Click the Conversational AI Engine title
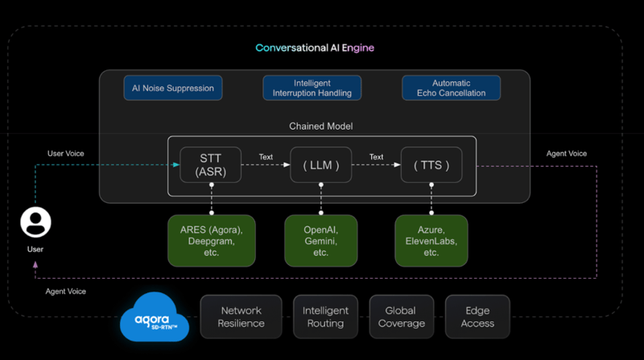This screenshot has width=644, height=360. pos(315,48)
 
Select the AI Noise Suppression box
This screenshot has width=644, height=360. pos(173,88)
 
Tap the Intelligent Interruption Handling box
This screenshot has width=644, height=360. pos(312,88)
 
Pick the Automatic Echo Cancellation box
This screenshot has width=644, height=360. pos(451,88)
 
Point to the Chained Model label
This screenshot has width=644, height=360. pos(320,126)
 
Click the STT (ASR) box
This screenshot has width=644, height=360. pos(209,165)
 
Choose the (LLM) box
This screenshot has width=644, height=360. pos(320,165)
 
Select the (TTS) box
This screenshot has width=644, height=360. pos(431,165)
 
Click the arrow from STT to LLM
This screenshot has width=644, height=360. pos(265,166)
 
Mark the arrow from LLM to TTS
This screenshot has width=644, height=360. pos(376,166)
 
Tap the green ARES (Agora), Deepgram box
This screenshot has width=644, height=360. pos(212,241)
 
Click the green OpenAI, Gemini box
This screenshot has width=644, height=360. pos(320,241)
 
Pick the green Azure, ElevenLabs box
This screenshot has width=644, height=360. pos(431,241)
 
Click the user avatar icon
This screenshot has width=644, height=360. pos(35,222)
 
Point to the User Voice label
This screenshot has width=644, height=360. pos(65,153)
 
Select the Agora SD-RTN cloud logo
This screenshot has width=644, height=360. pos(155,320)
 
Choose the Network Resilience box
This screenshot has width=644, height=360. pos(242,317)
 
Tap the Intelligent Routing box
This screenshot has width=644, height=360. pos(325,317)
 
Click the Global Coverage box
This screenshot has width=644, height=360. pos(401,317)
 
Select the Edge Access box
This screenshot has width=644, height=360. pos(477,317)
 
